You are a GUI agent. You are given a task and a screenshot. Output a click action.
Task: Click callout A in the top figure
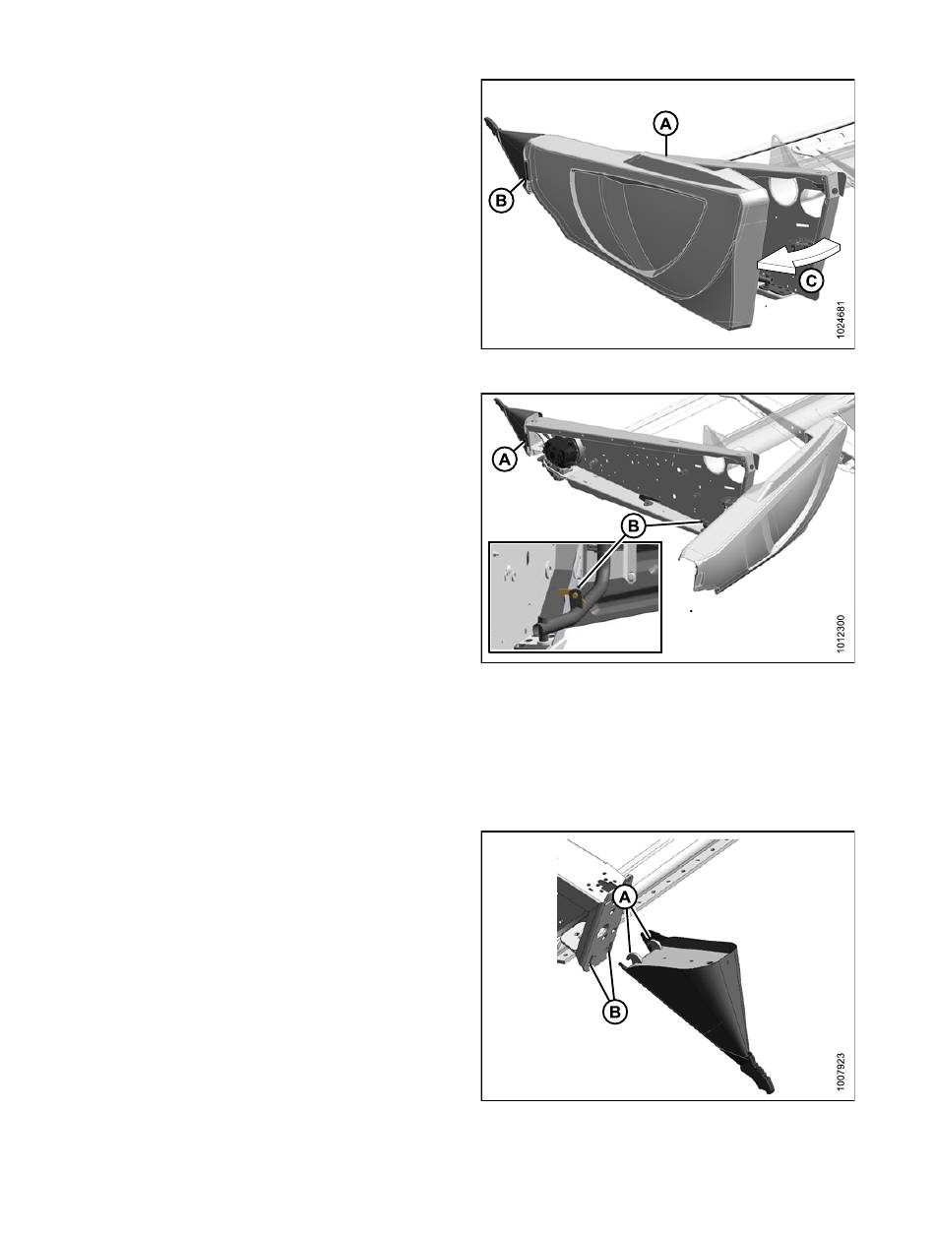click(665, 124)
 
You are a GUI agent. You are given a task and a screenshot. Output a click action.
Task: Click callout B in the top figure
click(501, 200)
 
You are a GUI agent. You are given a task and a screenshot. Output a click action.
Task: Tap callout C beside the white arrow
click(811, 280)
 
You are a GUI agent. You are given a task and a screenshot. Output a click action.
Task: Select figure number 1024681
click(841, 321)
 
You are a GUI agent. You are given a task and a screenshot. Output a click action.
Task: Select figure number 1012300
click(841, 633)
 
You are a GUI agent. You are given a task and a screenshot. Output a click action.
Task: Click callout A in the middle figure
click(505, 460)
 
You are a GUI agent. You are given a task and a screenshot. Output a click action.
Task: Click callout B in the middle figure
click(633, 526)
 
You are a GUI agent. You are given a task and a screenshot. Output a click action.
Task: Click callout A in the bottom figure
click(625, 897)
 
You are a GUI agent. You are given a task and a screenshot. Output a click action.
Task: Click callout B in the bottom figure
click(614, 1012)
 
